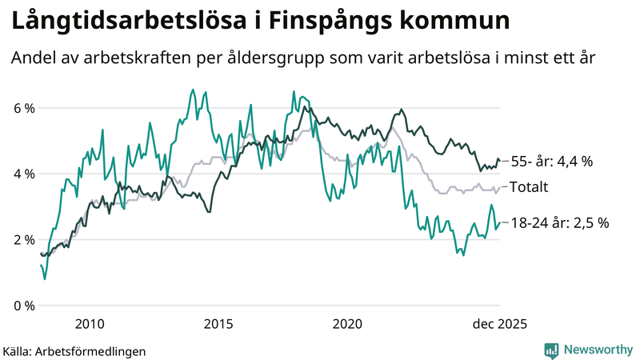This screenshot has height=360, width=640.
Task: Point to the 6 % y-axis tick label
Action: click(x=24, y=108)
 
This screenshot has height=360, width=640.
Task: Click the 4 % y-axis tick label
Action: click(x=24, y=174)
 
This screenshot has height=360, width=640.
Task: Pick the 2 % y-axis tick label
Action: click(x=24, y=240)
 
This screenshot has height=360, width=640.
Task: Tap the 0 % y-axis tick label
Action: click(x=24, y=306)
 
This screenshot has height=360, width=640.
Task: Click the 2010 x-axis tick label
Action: click(x=89, y=324)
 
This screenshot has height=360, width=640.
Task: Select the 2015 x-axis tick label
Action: click(x=218, y=324)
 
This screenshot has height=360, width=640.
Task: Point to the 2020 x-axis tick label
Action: click(x=348, y=324)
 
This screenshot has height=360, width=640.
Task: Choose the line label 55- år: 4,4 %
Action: click(x=551, y=162)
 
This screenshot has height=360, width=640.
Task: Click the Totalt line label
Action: click(x=529, y=187)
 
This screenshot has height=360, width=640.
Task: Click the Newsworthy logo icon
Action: click(x=551, y=350)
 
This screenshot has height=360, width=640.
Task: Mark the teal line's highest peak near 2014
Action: click(x=193, y=90)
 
